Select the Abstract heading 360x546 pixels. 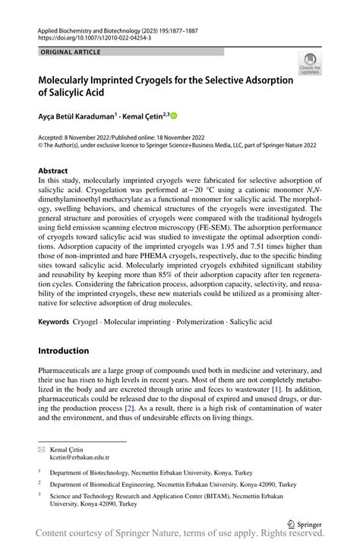[x=52, y=171]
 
